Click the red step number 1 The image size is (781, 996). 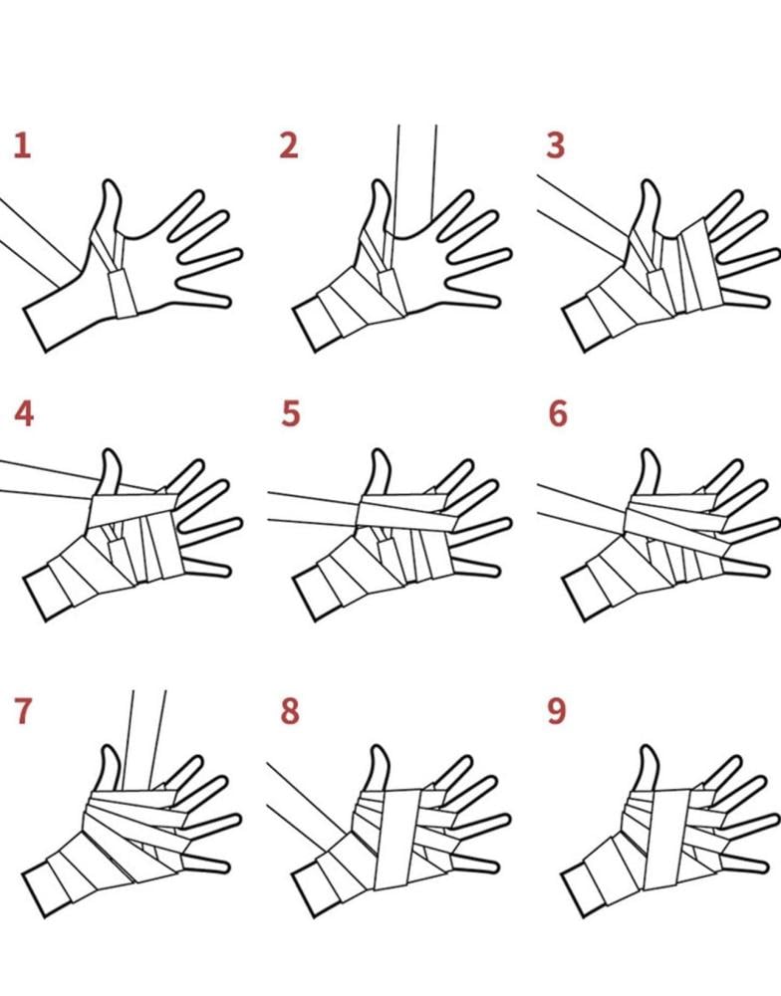(22, 145)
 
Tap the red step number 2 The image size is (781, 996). (289, 145)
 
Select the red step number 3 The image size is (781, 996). (556, 145)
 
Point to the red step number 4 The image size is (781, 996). (24, 413)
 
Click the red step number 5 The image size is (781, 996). (291, 413)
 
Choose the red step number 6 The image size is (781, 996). (557, 413)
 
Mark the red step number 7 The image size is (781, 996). (22, 711)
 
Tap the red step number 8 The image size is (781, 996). (290, 711)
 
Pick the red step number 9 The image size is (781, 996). (557, 711)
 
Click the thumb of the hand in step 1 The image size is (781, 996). (109, 209)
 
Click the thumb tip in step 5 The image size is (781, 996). (380, 451)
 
